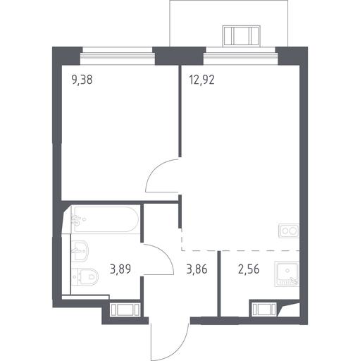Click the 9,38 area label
82,80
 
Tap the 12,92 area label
201,80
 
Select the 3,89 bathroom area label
120,269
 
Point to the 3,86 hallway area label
197,269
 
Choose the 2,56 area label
249,269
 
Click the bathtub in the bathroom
105,219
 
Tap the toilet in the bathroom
85,277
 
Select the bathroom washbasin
80,251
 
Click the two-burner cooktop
289,231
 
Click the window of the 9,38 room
118,56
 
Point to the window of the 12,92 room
241,56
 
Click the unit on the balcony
242,35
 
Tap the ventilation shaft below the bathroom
125,310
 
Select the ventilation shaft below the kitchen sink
264,310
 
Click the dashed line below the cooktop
240,250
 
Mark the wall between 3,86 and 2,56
219,283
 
